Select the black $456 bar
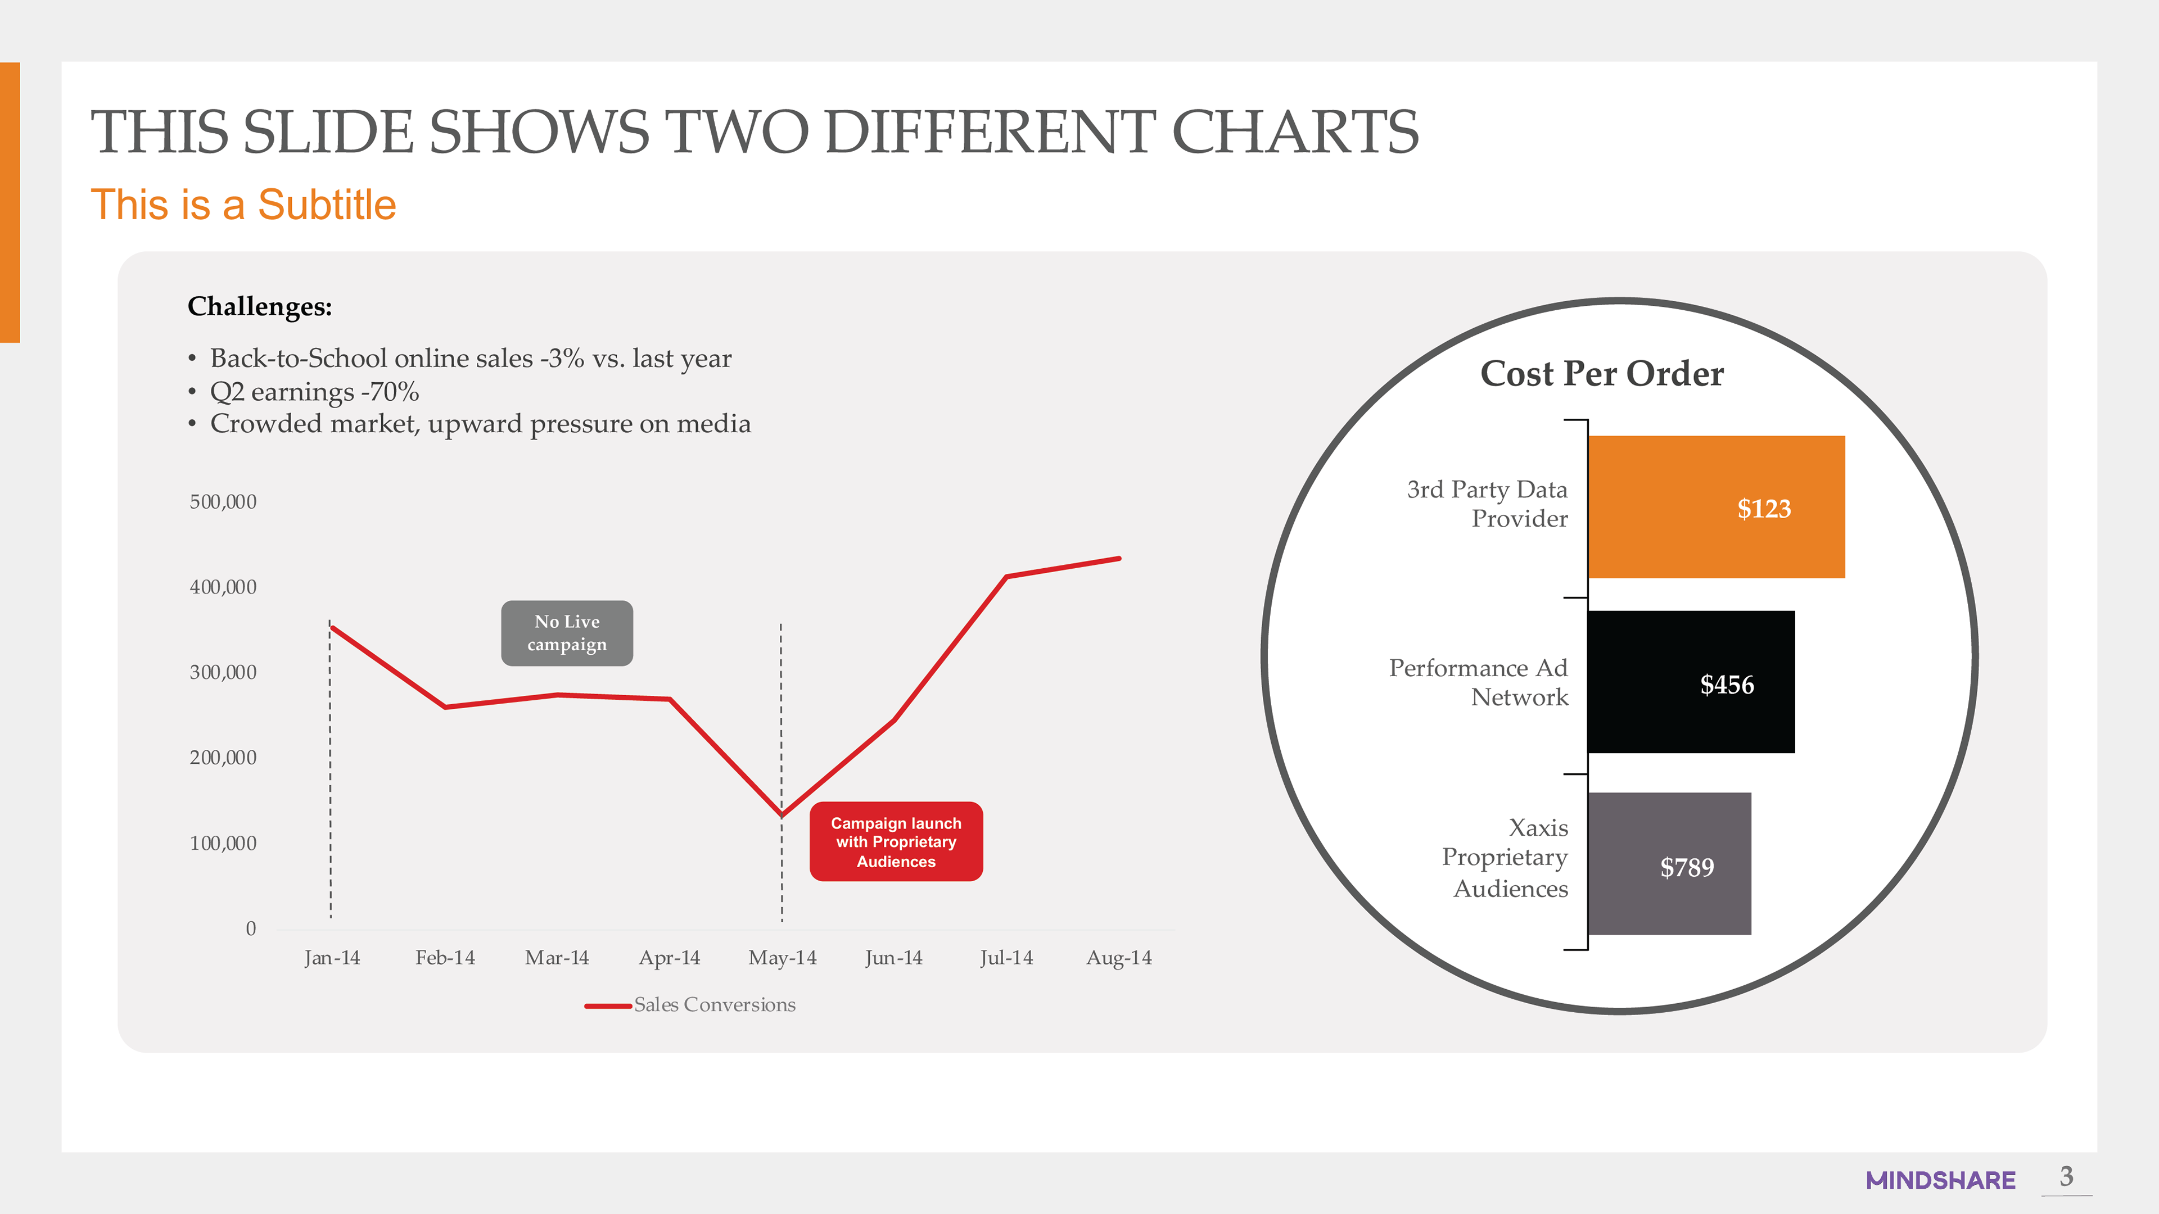[1691, 682]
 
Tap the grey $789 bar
[1669, 864]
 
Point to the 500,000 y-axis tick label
[223, 502]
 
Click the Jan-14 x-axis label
[332, 958]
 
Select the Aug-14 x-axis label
[1119, 958]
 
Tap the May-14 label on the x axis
[782, 958]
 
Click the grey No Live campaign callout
[567, 633]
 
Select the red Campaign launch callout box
[896, 841]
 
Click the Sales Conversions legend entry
[690, 1004]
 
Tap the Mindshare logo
[1940, 1180]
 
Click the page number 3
[2067, 1176]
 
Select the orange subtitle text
[243, 205]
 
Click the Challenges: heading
[260, 307]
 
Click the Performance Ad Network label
[1479, 682]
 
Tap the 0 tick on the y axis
[251, 928]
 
